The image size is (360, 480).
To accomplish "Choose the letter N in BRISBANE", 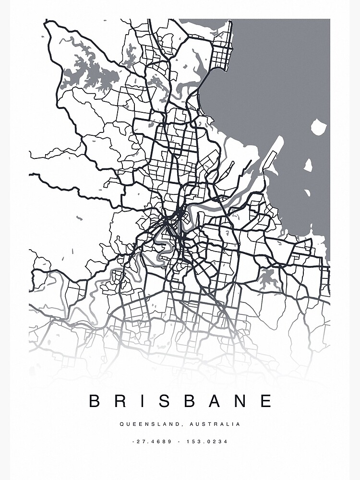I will [240, 401].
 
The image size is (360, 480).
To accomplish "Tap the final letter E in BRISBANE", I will [266, 401].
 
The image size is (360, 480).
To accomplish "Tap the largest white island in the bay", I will [319, 127].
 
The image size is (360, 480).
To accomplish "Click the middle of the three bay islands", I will [308, 165].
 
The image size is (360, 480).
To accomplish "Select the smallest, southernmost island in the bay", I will [307, 192].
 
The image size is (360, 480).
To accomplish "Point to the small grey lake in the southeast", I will [267, 277].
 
